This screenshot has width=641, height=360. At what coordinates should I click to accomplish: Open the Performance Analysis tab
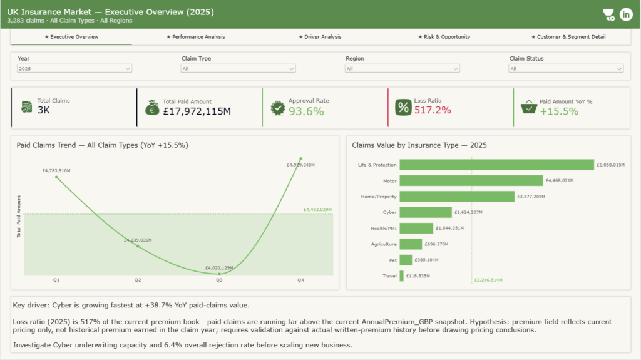click(196, 37)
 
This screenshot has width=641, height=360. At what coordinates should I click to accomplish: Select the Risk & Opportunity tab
click(444, 37)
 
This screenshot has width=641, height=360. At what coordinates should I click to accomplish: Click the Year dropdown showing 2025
click(74, 69)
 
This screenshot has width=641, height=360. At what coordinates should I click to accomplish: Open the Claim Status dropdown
click(566, 69)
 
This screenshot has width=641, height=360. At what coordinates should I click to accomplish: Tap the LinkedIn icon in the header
click(626, 14)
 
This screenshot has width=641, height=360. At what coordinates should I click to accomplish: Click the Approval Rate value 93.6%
click(306, 111)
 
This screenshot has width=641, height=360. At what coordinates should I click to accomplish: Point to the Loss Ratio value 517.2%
click(433, 110)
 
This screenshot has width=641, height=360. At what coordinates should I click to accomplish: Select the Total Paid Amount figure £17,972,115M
click(197, 111)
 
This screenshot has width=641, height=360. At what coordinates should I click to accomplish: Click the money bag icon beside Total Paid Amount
click(152, 108)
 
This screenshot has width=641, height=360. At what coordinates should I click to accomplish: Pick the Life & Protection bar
click(496, 165)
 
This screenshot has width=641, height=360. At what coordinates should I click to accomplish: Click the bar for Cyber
click(426, 212)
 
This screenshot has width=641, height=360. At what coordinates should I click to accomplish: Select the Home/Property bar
click(457, 197)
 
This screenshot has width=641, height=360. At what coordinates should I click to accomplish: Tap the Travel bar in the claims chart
click(401, 276)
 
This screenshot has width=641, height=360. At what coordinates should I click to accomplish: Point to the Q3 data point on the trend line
click(220, 274)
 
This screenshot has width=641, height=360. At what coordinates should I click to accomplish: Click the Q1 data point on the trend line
click(56, 177)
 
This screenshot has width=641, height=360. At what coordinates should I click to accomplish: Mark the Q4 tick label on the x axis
click(301, 280)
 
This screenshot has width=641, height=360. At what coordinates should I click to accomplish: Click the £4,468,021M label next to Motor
click(560, 180)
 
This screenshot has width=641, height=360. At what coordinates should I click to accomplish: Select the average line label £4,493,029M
click(317, 210)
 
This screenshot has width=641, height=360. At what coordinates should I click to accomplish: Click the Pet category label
click(393, 260)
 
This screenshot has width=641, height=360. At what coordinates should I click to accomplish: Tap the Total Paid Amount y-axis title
click(18, 217)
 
